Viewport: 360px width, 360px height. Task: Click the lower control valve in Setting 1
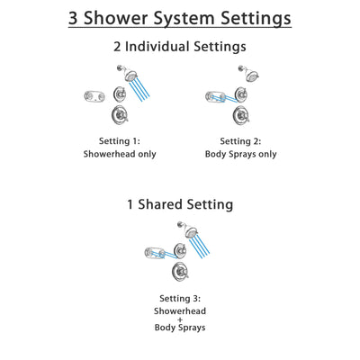tap(119, 119)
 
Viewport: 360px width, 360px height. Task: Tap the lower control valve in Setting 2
tap(241, 119)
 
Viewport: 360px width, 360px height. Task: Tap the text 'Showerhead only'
tap(121, 154)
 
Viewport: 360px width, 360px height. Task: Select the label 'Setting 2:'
tap(241, 140)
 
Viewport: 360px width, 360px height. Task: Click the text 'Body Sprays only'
tap(241, 154)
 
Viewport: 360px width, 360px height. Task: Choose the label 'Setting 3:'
tap(180, 297)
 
